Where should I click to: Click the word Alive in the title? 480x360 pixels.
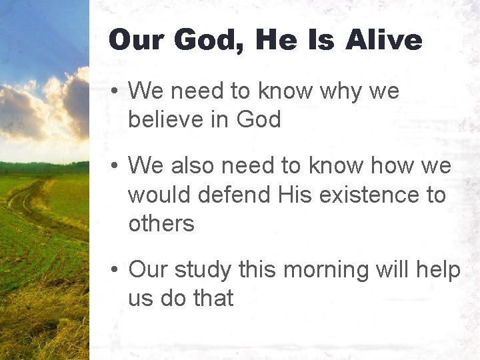(384, 40)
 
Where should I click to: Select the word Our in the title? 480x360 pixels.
(135, 40)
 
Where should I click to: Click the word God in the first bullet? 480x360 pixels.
(258, 119)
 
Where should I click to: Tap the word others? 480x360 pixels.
(161, 224)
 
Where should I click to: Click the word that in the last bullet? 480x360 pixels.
(213, 299)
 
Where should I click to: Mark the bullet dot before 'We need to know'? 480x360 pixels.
(115, 91)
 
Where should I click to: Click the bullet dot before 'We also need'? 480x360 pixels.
(115, 166)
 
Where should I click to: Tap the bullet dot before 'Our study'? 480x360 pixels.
(115, 271)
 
